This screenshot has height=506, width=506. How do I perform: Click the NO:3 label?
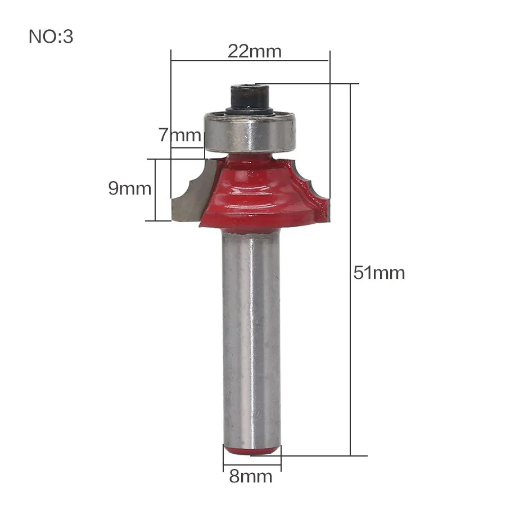(x=51, y=37)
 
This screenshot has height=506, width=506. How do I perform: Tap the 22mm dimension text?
(x=254, y=51)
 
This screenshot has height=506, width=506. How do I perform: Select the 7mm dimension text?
(x=179, y=135)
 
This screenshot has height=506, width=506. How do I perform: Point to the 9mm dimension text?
(x=130, y=188)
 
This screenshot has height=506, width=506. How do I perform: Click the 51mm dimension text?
(x=379, y=273)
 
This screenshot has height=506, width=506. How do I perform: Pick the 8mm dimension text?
(x=251, y=477)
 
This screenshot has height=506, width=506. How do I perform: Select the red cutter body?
(x=256, y=191)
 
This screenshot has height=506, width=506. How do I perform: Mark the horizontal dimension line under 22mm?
(x=250, y=60)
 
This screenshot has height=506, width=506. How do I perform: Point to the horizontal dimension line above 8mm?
(x=251, y=464)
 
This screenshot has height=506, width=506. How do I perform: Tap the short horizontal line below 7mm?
(x=187, y=148)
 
